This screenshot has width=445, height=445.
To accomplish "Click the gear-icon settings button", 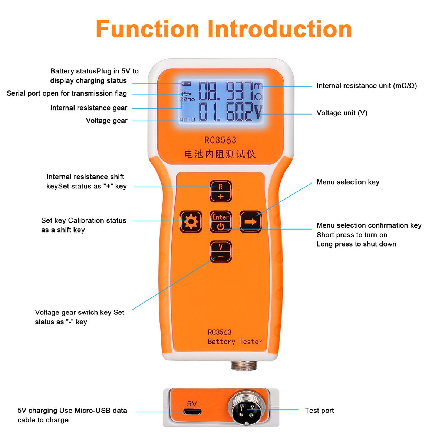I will point(191,222).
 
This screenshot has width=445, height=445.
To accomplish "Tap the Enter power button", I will point(221,222).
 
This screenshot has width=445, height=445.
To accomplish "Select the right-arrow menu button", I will point(250,222).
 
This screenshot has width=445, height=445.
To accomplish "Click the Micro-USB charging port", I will point(192,412).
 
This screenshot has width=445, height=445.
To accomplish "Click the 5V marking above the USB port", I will point(192,404).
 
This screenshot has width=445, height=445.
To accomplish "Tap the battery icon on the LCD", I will point(185,84).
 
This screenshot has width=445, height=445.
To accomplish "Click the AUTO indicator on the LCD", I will point(187,119).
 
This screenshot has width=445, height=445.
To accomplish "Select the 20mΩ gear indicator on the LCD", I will point(187,99).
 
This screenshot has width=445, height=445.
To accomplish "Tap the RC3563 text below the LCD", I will point(220,140).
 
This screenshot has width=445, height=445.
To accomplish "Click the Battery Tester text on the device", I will point(235,342).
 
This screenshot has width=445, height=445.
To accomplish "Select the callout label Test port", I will point(319,411).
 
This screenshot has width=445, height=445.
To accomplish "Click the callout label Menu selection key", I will point(348,182).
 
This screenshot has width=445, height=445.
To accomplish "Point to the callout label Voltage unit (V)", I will point(342,113).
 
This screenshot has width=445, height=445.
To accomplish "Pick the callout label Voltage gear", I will point(106,121).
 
